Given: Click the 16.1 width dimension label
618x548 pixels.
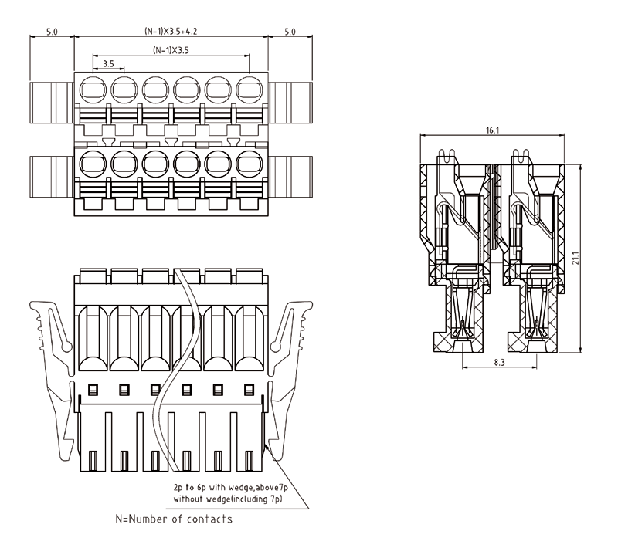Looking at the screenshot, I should [x=492, y=130].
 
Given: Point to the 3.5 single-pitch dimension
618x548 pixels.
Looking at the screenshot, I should [x=108, y=63].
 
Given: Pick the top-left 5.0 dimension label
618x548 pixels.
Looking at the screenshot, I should [x=53, y=32].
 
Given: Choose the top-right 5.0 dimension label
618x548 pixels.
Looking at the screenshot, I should [x=290, y=32].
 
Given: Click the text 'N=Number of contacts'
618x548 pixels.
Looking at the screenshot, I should [x=174, y=519].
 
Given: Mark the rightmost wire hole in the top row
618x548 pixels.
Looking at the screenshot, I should [x=249, y=90].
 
